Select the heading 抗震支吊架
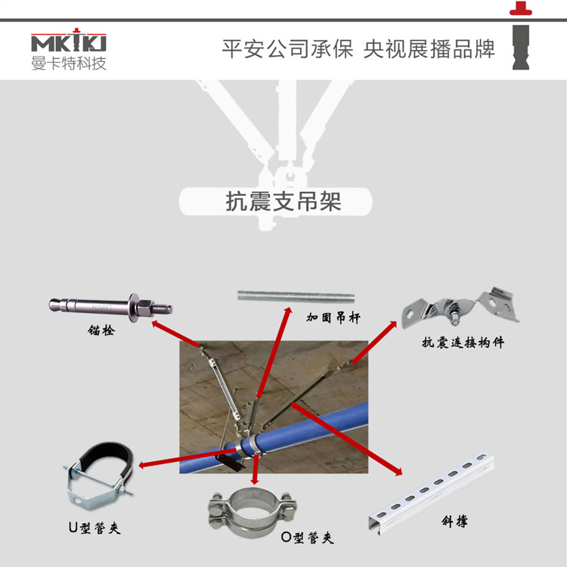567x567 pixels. pyautogui.click(x=283, y=202)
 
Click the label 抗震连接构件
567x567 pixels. pyautogui.click(x=463, y=342)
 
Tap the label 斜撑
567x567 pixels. pyautogui.click(x=452, y=522)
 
